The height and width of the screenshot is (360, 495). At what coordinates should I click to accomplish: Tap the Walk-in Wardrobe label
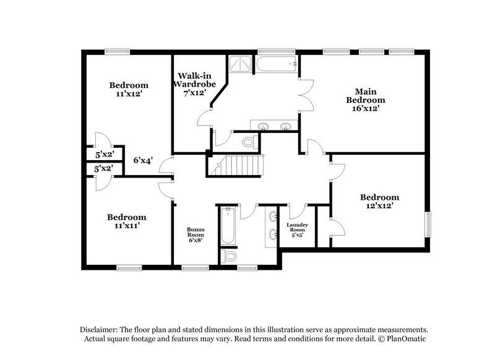click(x=194, y=84)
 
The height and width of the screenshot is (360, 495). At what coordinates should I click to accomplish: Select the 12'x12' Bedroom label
click(x=377, y=202)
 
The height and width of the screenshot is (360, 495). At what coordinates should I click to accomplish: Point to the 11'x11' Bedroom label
click(x=127, y=221)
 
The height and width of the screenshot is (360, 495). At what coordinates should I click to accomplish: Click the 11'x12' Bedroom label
click(x=129, y=90)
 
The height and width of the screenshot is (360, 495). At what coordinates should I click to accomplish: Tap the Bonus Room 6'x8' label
click(x=196, y=234)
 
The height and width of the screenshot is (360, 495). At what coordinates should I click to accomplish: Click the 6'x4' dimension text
click(x=143, y=160)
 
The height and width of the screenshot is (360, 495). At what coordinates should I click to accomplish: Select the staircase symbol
click(x=243, y=166)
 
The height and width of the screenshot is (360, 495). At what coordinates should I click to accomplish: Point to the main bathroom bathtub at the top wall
click(x=278, y=64)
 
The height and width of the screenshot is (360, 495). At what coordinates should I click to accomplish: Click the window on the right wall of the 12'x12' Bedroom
click(x=426, y=224)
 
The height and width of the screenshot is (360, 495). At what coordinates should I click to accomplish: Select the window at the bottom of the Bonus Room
click(x=194, y=267)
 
